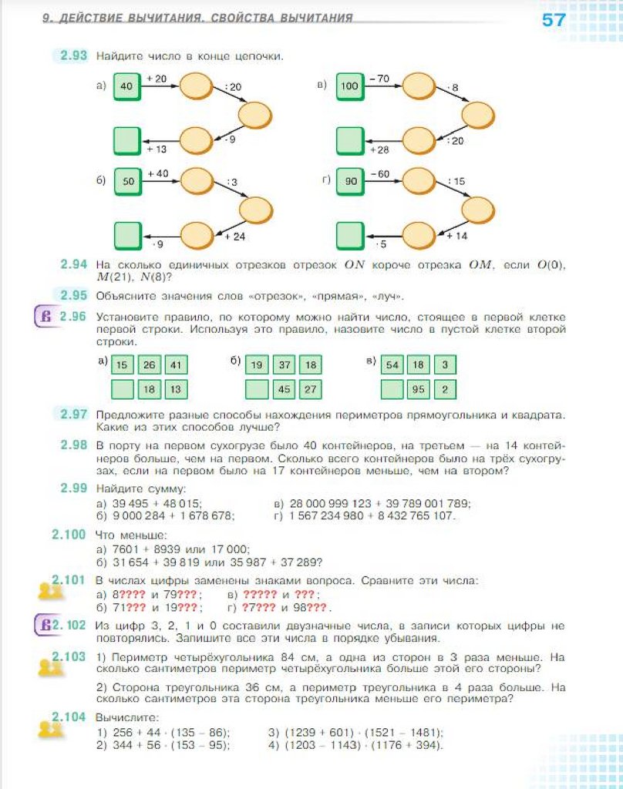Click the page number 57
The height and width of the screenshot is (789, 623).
click(x=554, y=20)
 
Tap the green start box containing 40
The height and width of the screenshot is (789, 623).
click(x=127, y=86)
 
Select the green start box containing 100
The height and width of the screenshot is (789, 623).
click(x=349, y=86)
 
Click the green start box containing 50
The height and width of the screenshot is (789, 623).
click(x=127, y=182)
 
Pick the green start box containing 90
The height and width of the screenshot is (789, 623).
click(x=350, y=182)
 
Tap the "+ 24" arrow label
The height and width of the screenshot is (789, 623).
click(x=234, y=237)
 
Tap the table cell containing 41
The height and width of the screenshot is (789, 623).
click(x=177, y=365)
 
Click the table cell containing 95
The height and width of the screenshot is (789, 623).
click(x=418, y=390)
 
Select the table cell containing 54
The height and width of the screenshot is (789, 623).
click(x=393, y=365)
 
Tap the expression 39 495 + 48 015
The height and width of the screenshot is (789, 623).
click(x=157, y=503)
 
